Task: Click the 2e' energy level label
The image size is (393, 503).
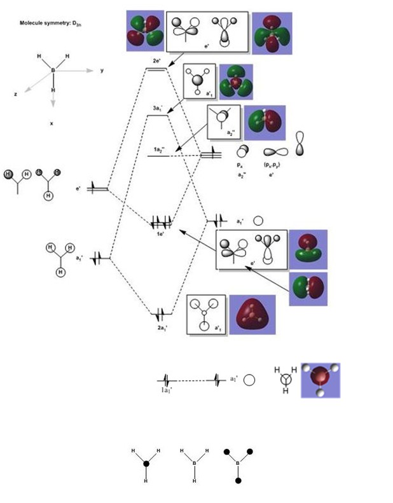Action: [x=156, y=60]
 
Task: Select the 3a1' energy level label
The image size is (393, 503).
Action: [x=156, y=109]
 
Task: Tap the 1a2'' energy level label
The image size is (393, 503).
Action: [x=159, y=149]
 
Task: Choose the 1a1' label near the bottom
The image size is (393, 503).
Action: [x=167, y=390]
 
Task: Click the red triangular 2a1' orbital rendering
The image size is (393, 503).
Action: [x=252, y=315]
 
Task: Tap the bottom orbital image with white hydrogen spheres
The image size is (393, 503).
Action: [x=320, y=380]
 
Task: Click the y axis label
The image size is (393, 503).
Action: [x=102, y=71]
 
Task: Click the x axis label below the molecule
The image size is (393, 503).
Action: [x=52, y=123]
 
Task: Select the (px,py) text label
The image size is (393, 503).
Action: [x=273, y=164]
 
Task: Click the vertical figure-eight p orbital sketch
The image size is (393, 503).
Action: [x=300, y=144]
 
